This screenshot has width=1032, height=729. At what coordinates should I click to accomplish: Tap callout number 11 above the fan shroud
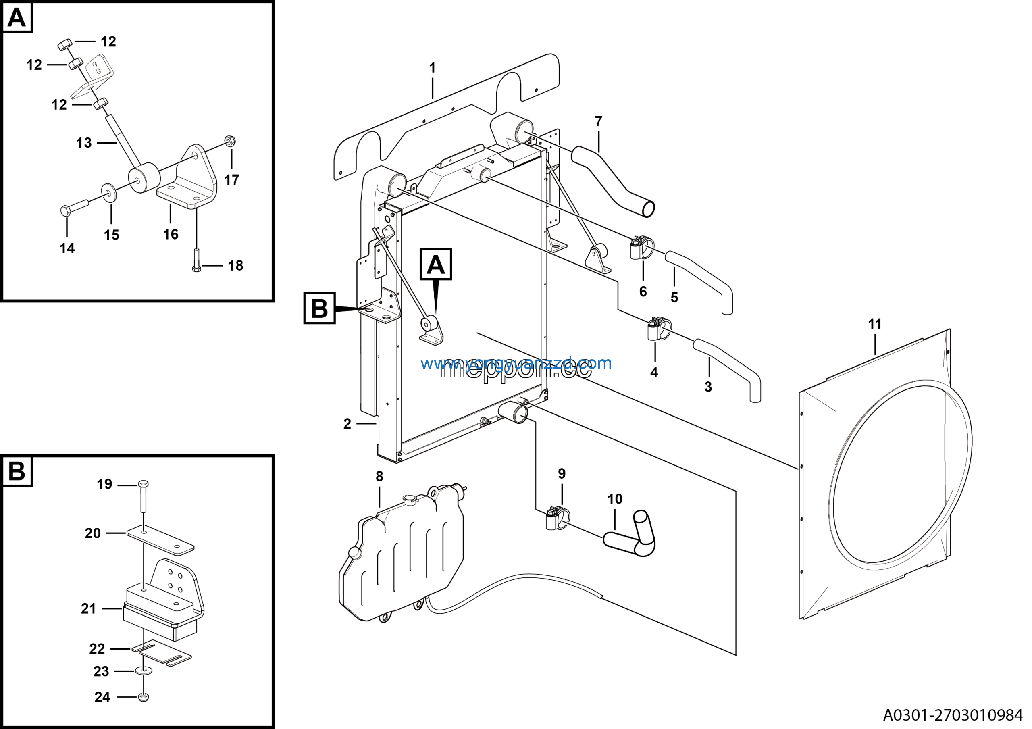[875, 324]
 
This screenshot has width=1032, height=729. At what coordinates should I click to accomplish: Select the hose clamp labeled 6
[639, 248]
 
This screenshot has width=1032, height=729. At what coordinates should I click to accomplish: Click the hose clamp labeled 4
[657, 329]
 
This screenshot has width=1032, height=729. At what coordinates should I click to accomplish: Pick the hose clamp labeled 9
[556, 518]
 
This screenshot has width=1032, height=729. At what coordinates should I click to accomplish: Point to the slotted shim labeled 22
[162, 654]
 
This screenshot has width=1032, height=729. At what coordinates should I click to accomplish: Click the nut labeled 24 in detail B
[144, 697]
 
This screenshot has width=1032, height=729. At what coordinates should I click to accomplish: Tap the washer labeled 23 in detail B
[143, 671]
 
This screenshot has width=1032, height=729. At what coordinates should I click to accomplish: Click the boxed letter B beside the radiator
[319, 309]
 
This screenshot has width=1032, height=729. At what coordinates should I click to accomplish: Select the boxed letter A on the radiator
[435, 264]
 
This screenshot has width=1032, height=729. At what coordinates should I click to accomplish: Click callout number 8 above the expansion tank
[379, 477]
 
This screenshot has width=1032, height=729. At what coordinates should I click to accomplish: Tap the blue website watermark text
[516, 363]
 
